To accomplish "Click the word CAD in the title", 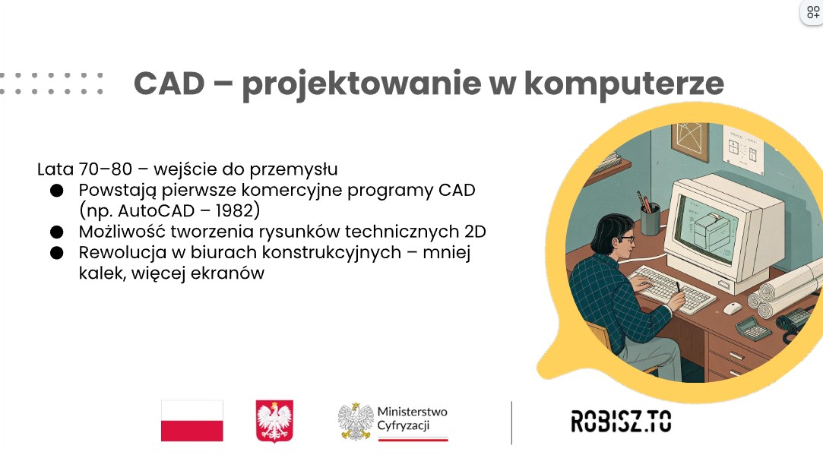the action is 169,84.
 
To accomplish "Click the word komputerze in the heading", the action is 624,84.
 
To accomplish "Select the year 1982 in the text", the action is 235,210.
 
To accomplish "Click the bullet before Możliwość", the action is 57,232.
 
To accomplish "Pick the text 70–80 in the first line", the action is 106,169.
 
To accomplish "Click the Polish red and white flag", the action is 192,421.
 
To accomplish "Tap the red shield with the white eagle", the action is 274,422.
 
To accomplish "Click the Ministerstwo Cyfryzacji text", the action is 412,419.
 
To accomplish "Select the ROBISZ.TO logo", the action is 621,422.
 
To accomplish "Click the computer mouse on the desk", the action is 733,308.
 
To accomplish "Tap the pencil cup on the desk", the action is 650,219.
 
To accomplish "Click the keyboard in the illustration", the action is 673,289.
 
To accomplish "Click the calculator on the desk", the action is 752,329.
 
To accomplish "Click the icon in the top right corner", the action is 812,11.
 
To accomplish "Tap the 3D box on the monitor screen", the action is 712,229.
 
